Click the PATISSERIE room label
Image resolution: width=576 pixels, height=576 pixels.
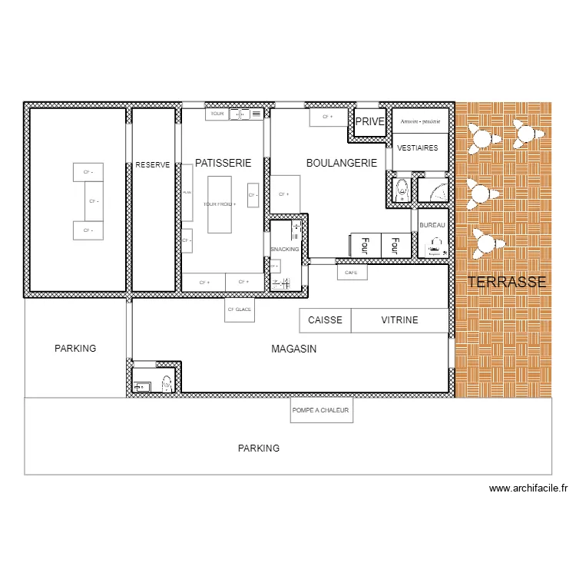pos(223,163)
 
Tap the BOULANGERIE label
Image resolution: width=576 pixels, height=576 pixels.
pos(341,163)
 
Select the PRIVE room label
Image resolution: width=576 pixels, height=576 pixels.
pos(369,121)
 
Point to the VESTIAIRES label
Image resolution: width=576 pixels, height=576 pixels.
pos(419,147)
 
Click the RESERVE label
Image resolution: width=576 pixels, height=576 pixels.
pos(153,164)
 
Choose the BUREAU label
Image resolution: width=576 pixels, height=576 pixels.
pos(432,224)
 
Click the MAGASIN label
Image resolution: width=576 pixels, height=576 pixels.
pos(294,349)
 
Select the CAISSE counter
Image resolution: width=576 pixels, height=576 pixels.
pos(325,320)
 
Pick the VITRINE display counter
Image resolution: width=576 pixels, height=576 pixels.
pos(399,320)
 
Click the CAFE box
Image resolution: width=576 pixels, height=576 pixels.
pos(351,273)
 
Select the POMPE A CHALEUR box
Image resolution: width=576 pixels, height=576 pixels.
pos(321,411)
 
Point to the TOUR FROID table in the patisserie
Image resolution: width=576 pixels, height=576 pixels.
pos(220,204)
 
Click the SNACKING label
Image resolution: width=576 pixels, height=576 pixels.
pos(285,249)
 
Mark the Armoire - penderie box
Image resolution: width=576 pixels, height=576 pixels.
pos(420,121)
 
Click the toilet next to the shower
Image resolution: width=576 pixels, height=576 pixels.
pos(401,190)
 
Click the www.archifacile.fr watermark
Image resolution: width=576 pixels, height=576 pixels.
pos(528,488)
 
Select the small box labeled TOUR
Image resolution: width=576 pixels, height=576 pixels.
pos(217,114)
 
